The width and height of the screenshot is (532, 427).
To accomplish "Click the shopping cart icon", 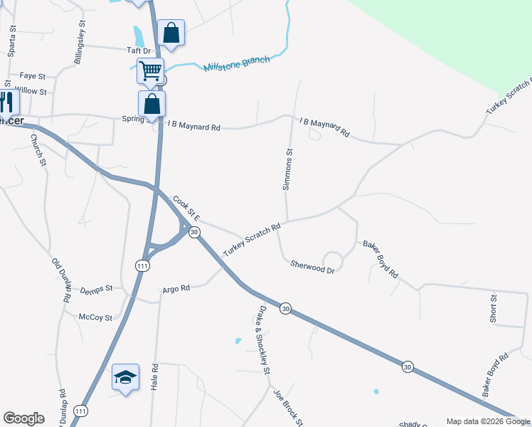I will point(150,70).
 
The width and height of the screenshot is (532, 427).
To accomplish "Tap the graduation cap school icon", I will point(125,376).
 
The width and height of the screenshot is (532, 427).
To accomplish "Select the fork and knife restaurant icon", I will point(6,102).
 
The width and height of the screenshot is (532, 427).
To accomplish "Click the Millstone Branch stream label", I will point(237,63).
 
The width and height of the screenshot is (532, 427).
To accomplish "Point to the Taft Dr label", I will point(139,51).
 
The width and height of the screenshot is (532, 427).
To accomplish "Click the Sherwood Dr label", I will point(312,266).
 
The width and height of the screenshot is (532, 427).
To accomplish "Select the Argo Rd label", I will point(176,288).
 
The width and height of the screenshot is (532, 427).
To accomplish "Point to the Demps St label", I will point(97,288).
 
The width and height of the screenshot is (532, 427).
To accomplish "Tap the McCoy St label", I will point(95,317).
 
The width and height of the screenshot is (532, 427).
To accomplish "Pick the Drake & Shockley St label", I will point(263,340).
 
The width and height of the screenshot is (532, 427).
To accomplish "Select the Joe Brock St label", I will point(289,408).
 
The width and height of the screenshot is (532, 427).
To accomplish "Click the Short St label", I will point(493,307).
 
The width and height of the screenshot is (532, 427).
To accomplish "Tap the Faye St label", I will point(33,75).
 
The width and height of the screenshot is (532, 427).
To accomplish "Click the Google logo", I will point(23,418).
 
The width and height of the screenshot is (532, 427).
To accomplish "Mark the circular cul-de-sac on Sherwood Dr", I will point(332,261).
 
